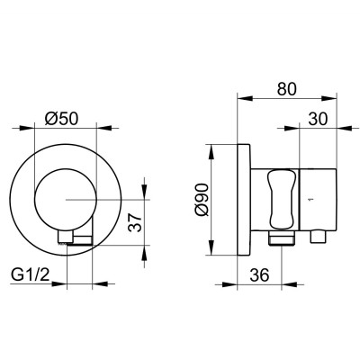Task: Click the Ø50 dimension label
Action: (61, 119)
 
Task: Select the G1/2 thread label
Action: (31, 274)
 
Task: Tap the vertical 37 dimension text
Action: (135, 222)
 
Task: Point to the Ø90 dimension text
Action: (202, 200)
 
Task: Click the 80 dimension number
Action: (286, 89)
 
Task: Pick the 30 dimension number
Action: (319, 119)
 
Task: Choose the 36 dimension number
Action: (260, 274)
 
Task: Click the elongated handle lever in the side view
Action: (281, 199)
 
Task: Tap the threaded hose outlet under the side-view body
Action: (282, 238)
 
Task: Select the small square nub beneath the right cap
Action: (318, 237)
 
